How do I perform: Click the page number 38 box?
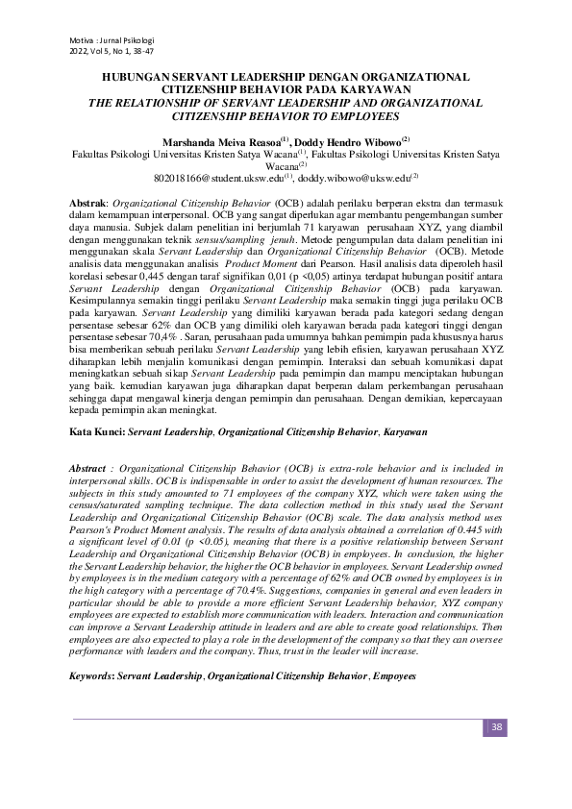click(x=496, y=726)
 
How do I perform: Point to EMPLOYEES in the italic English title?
click(x=352, y=115)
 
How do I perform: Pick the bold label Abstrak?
click(x=90, y=206)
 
